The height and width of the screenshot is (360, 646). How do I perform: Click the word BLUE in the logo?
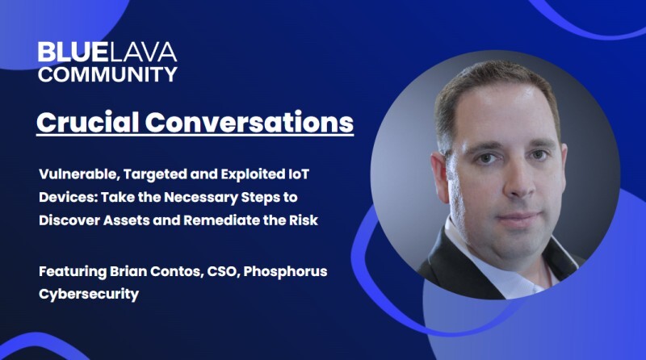click(67, 53)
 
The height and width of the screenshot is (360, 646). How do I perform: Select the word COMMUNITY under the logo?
click(107, 74)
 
